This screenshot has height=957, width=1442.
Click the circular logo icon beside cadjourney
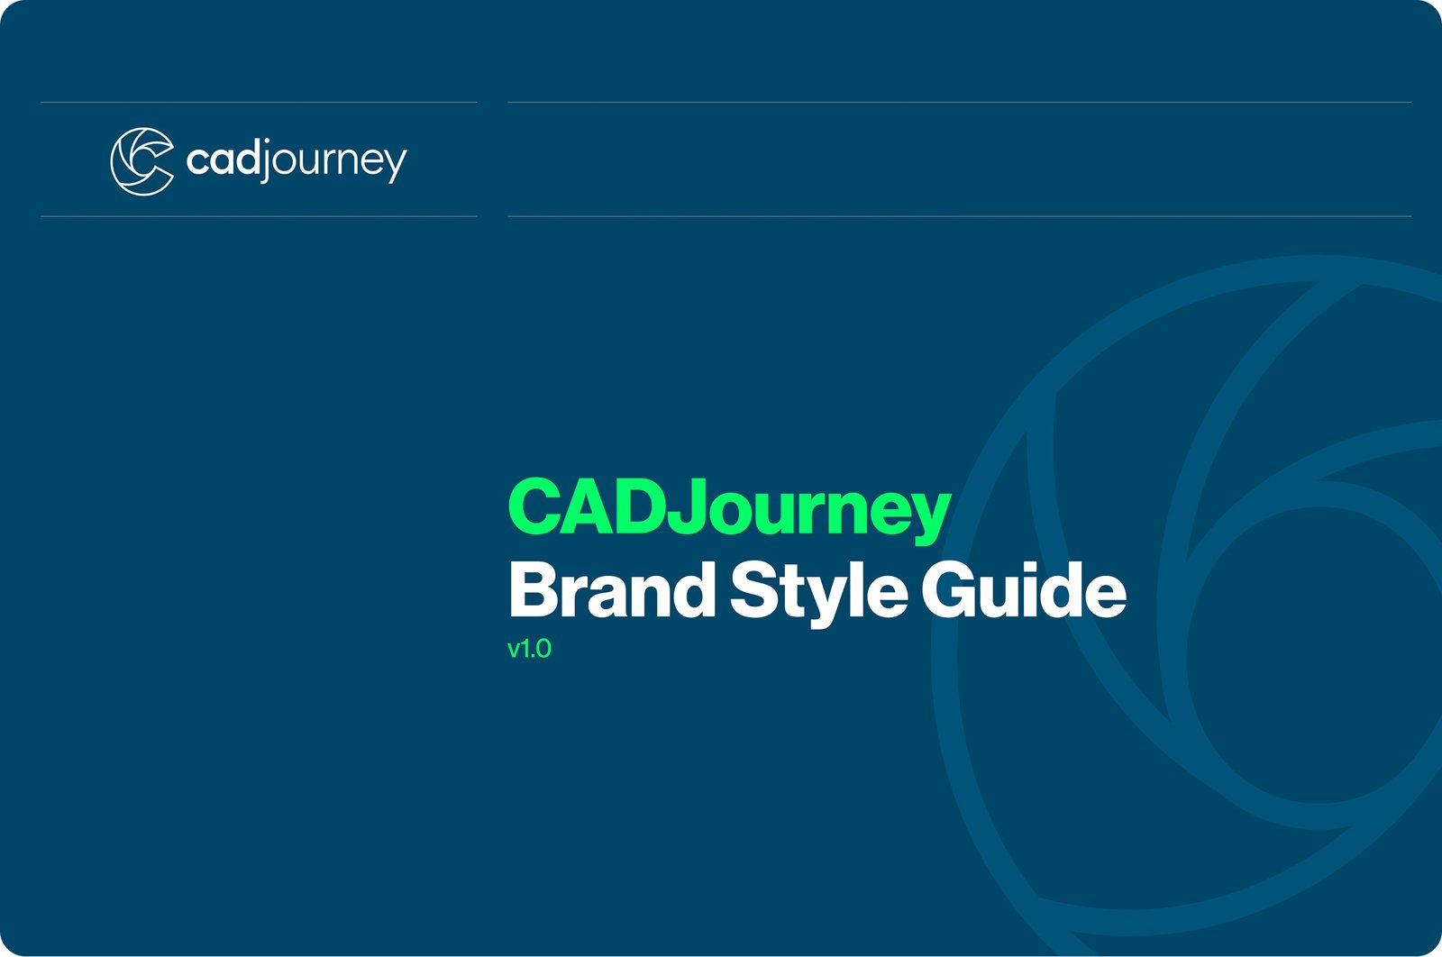pos(142,161)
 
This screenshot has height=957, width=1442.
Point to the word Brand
pos(612,588)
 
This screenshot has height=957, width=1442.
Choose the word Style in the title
pos(819,592)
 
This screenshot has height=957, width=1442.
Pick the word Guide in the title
pos(1024,588)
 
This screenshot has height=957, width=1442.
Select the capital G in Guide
pos(949,589)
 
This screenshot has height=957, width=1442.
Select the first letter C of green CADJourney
pos(535,507)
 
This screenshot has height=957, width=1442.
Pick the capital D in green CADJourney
pos(641,507)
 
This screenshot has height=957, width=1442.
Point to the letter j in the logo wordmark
pos(266,161)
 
